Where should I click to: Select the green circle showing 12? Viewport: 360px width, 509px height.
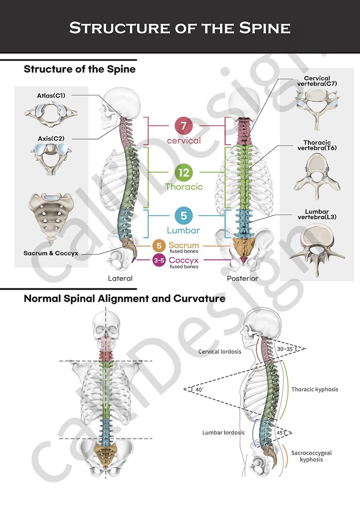[x=184, y=172]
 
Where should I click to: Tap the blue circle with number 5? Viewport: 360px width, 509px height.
[x=184, y=216]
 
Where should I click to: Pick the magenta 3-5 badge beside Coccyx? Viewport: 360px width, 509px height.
[x=159, y=261]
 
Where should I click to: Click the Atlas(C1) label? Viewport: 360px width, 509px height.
[x=51, y=96]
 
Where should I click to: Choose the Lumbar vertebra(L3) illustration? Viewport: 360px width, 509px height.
[x=317, y=245]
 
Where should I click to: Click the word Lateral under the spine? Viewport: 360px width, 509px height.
[x=120, y=278]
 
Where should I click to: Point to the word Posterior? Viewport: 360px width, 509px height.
[x=243, y=278]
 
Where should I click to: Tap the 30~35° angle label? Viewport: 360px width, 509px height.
[x=286, y=349]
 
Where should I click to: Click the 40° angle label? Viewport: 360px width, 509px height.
[x=199, y=389]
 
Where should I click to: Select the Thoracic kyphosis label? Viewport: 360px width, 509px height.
[x=315, y=389]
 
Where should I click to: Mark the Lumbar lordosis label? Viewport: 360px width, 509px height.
[x=224, y=432]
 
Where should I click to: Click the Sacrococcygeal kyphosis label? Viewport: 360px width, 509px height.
[x=311, y=456]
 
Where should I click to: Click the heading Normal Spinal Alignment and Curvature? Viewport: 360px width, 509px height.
[x=124, y=299]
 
